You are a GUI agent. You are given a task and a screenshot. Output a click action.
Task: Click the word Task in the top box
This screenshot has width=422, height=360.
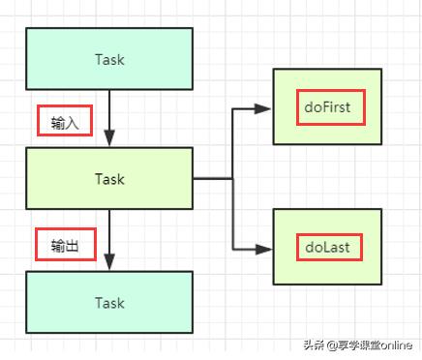(109, 60)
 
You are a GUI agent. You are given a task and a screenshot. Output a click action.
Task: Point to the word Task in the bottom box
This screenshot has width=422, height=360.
(109, 303)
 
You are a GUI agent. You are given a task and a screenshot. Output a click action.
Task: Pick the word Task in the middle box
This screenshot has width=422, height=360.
(109, 179)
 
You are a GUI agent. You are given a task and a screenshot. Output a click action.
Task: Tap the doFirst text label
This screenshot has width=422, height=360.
(330, 107)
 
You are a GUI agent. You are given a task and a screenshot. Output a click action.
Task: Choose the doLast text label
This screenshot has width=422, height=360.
(328, 247)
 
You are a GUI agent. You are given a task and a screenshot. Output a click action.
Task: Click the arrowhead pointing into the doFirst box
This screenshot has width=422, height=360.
(264, 108)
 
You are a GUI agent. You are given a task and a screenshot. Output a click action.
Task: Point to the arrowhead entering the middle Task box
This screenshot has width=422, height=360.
(109, 140)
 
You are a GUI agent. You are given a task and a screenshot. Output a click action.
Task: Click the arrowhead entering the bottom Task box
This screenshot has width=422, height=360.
(109, 264)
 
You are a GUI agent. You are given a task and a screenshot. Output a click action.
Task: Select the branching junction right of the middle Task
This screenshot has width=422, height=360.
(232, 179)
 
